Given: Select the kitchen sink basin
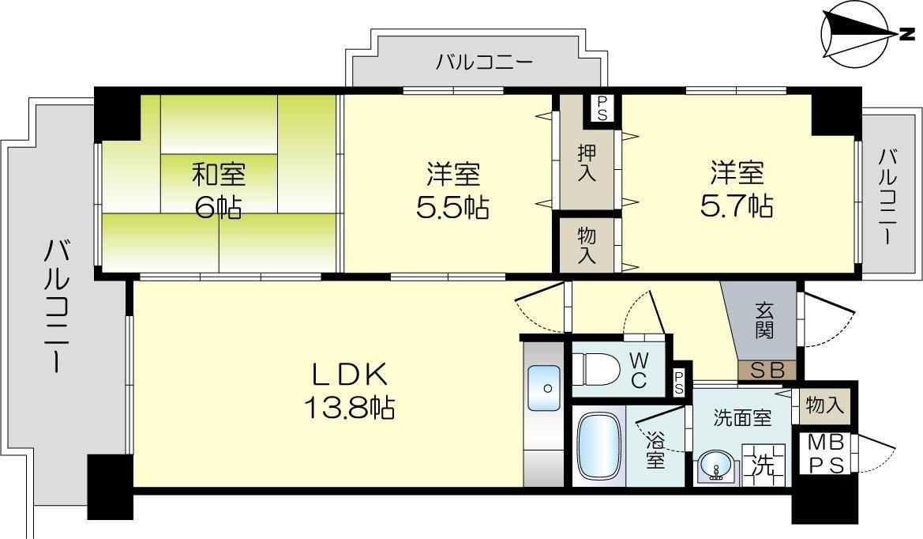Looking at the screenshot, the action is (x=544, y=387).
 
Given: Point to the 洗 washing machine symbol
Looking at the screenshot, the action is (x=764, y=465).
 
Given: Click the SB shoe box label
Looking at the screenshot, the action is (x=767, y=371).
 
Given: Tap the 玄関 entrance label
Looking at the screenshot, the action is (x=764, y=321).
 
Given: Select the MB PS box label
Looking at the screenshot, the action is (x=825, y=454).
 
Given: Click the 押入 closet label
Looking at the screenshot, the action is (x=587, y=162).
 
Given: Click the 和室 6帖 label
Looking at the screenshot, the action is (x=219, y=190).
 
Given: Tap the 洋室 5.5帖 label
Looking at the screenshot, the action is (x=453, y=190).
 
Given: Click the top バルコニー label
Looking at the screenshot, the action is (x=485, y=62).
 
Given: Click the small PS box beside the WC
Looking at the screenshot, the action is (x=679, y=383).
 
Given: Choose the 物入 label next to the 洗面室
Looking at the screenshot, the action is (x=824, y=405).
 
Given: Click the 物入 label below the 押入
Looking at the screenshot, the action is (x=587, y=245).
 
